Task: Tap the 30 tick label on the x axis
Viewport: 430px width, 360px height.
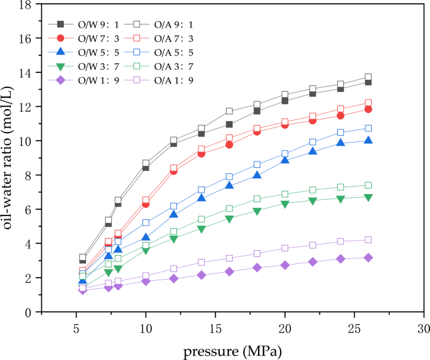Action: [424, 328]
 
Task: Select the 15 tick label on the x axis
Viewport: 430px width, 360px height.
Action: [215, 328]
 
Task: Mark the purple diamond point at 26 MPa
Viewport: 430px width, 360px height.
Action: [368, 258]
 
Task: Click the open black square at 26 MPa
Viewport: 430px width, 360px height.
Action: [368, 77]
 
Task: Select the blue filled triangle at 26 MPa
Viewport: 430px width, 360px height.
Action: [368, 140]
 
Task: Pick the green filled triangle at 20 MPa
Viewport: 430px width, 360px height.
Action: [285, 204]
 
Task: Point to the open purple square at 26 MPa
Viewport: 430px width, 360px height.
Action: [368, 239]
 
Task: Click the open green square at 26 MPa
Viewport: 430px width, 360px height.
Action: [368, 185]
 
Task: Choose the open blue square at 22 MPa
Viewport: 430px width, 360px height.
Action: [313, 142]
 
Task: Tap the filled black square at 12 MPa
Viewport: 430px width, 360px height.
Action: [174, 144]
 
